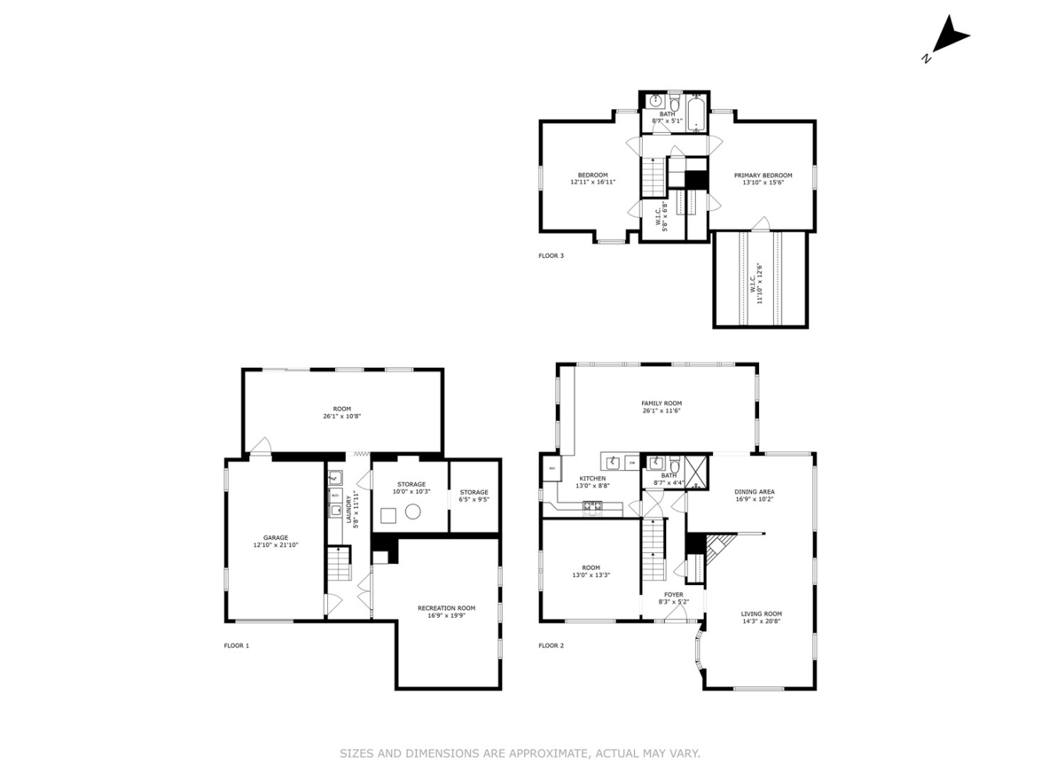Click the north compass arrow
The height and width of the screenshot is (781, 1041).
click(x=950, y=37)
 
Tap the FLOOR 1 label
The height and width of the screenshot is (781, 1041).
click(x=236, y=646)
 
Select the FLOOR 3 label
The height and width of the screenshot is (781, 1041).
click(x=551, y=255)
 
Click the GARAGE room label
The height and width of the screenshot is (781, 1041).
click(x=275, y=541)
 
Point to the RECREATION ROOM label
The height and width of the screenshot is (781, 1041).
click(x=446, y=612)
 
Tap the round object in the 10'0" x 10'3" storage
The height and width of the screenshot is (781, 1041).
click(x=413, y=512)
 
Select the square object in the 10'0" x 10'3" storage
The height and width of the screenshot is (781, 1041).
click(x=388, y=515)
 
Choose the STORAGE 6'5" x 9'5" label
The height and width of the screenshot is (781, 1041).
click(x=473, y=496)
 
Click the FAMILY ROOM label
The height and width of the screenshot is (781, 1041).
click(x=661, y=407)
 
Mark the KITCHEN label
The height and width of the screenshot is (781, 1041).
click(x=592, y=482)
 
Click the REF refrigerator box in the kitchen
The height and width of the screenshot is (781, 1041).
click(x=551, y=469)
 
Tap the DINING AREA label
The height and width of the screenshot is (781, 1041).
click(x=754, y=496)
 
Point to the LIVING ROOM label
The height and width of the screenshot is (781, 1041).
click(x=761, y=618)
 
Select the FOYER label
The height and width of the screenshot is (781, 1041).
click(x=672, y=598)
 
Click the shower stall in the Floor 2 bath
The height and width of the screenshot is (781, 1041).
click(x=698, y=470)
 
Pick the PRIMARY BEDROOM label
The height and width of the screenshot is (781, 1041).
click(x=762, y=179)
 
